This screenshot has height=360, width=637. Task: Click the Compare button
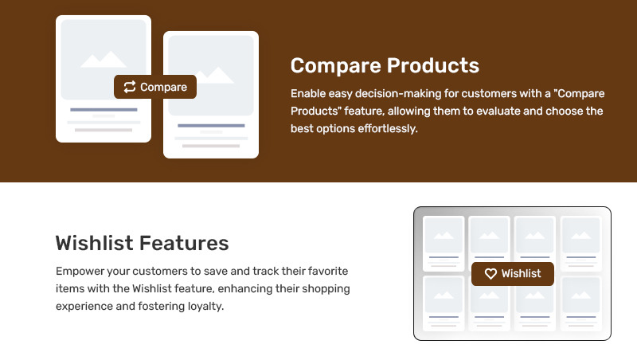pyautogui.click(x=155, y=87)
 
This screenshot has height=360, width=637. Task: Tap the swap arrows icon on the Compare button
pyautogui.click(x=130, y=87)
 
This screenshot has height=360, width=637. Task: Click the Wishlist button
pyautogui.click(x=513, y=274)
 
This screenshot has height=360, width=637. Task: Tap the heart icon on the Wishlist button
pyautogui.click(x=490, y=274)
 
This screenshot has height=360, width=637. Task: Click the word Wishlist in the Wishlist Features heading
pyautogui.click(x=95, y=243)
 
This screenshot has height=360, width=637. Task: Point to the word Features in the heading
pyautogui.click(x=185, y=243)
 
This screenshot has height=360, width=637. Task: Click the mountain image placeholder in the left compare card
pyautogui.click(x=104, y=59)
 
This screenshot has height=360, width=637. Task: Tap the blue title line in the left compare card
pyautogui.click(x=104, y=110)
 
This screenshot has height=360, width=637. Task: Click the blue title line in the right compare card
pyautogui.click(x=211, y=126)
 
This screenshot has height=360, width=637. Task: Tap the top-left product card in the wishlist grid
pyautogui.click(x=444, y=244)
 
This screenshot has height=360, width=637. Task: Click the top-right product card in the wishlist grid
pyautogui.click(x=581, y=244)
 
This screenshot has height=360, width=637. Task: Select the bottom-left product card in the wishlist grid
pyautogui.click(x=444, y=303)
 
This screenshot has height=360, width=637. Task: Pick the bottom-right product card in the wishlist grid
pyautogui.click(x=581, y=303)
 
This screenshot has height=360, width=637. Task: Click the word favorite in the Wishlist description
pyautogui.click(x=328, y=271)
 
